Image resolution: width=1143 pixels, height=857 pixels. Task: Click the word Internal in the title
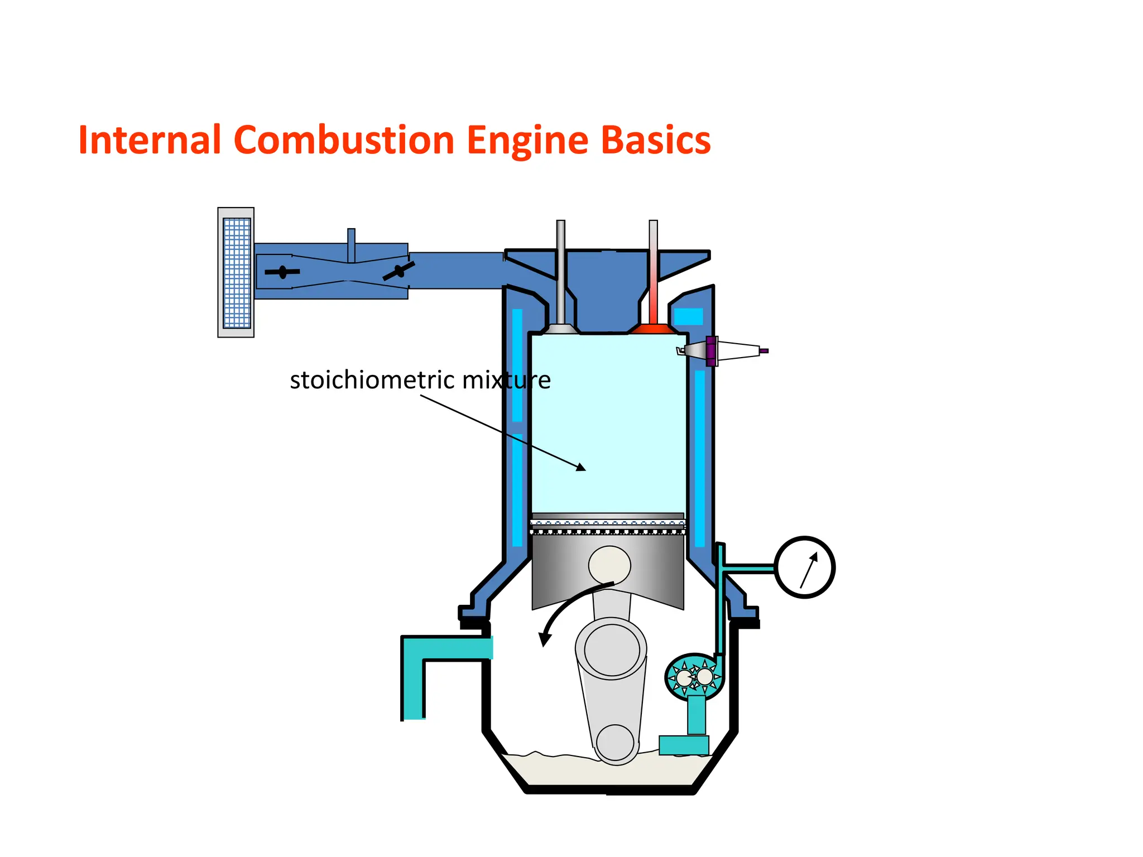pyautogui.click(x=150, y=139)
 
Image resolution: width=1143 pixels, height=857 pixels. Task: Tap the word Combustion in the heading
pyautogui.click(x=344, y=139)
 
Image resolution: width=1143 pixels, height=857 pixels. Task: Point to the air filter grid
pyautogui.click(x=237, y=273)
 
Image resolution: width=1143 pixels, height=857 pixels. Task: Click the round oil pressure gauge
pyautogui.click(x=804, y=567)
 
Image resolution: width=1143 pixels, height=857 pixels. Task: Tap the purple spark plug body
pyautogui.click(x=711, y=351)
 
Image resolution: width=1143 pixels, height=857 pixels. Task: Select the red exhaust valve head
pyautogui.click(x=653, y=328)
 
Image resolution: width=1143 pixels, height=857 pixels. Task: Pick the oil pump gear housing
pyautogui.click(x=694, y=677)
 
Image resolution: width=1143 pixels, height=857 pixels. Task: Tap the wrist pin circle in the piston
pyautogui.click(x=609, y=565)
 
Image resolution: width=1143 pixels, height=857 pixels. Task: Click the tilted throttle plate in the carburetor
pyautogui.click(x=398, y=271)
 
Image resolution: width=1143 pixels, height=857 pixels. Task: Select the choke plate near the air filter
pyautogui.click(x=282, y=272)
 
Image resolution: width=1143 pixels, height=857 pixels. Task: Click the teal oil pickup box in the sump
pyautogui.click(x=684, y=745)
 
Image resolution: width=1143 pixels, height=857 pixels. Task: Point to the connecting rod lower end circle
pyautogui.click(x=615, y=742)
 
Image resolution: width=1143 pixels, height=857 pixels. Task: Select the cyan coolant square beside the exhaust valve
pyautogui.click(x=688, y=316)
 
